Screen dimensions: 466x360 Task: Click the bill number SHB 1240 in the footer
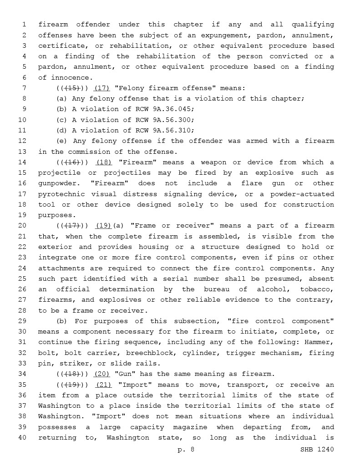coord(317,450)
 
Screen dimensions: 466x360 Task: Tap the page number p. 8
coord(186,450)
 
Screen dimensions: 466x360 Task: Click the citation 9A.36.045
coord(170,109)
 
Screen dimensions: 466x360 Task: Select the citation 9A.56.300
coord(170,120)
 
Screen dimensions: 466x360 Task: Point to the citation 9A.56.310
coord(170,131)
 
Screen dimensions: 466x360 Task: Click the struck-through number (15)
coord(73,88)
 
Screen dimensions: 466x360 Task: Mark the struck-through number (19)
coord(73,385)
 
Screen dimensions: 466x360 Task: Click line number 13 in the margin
coord(23,152)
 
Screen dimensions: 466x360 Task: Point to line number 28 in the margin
coord(23,310)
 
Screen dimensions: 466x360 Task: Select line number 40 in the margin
coord(23,438)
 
